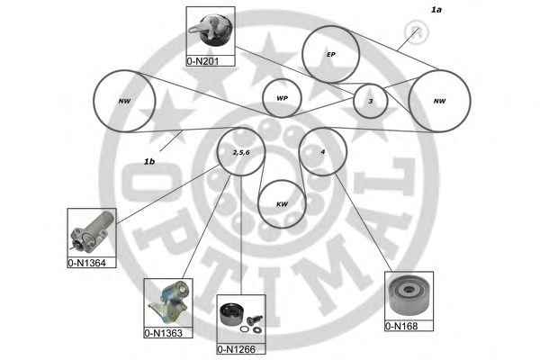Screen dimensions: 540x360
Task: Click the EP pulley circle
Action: pyautogui.click(x=331, y=54)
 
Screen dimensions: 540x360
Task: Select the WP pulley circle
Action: pyautogui.click(x=282, y=98)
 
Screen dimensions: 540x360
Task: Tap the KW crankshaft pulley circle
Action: pyautogui.click(x=282, y=204)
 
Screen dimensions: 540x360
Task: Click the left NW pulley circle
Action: pyautogui.click(x=125, y=101)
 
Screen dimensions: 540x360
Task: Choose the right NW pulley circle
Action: pyautogui.click(x=439, y=101)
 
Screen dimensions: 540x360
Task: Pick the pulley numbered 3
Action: pyautogui.click(x=371, y=101)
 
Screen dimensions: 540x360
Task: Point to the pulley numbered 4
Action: pyautogui.click(x=323, y=151)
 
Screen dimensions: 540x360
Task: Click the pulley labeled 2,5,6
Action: pyautogui.click(x=241, y=152)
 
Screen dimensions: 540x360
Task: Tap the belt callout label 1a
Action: pyautogui.click(x=436, y=10)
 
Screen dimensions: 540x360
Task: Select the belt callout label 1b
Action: pyautogui.click(x=149, y=161)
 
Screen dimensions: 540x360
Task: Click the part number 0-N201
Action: pyautogui.click(x=202, y=61)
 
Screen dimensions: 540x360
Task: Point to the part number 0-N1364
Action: pyautogui.click(x=86, y=263)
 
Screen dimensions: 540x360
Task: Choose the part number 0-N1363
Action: pyautogui.click(x=163, y=333)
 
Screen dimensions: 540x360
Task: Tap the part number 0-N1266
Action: pyautogui.click(x=236, y=349)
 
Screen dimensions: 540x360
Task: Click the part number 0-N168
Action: pyautogui.click(x=401, y=326)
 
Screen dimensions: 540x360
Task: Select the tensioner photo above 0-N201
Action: pyautogui.click(x=211, y=31)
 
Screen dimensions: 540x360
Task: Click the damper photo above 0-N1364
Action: pyautogui.click(x=92, y=232)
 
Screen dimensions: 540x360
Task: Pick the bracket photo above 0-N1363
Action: pyautogui.click(x=168, y=302)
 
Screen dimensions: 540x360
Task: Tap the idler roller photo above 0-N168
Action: pyautogui.click(x=409, y=296)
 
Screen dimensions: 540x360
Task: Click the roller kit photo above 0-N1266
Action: pyautogui.click(x=241, y=319)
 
